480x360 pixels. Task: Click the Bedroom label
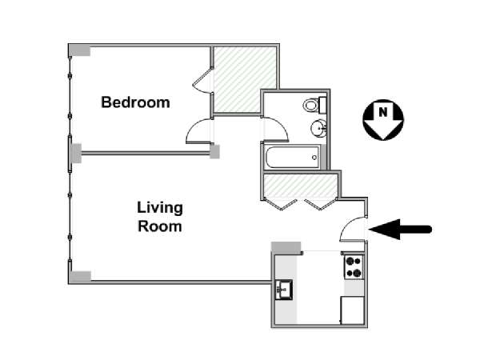point(135,102)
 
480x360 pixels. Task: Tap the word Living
point(160,209)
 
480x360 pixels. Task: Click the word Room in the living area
point(160,226)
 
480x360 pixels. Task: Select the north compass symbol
point(383,120)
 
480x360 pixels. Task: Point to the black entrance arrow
point(400,229)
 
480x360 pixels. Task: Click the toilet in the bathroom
point(314,105)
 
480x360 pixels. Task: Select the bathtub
point(293,157)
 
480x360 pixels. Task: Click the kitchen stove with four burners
point(354,267)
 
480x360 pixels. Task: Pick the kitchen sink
point(284,290)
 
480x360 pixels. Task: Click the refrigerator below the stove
point(352,310)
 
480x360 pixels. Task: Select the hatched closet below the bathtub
point(301,186)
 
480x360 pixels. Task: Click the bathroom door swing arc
point(280,126)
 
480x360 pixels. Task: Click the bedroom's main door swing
point(196,129)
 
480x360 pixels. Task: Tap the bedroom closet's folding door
point(202,80)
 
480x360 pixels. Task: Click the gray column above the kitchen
point(286,247)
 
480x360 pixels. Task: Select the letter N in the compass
point(383,112)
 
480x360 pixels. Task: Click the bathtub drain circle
point(314,158)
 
